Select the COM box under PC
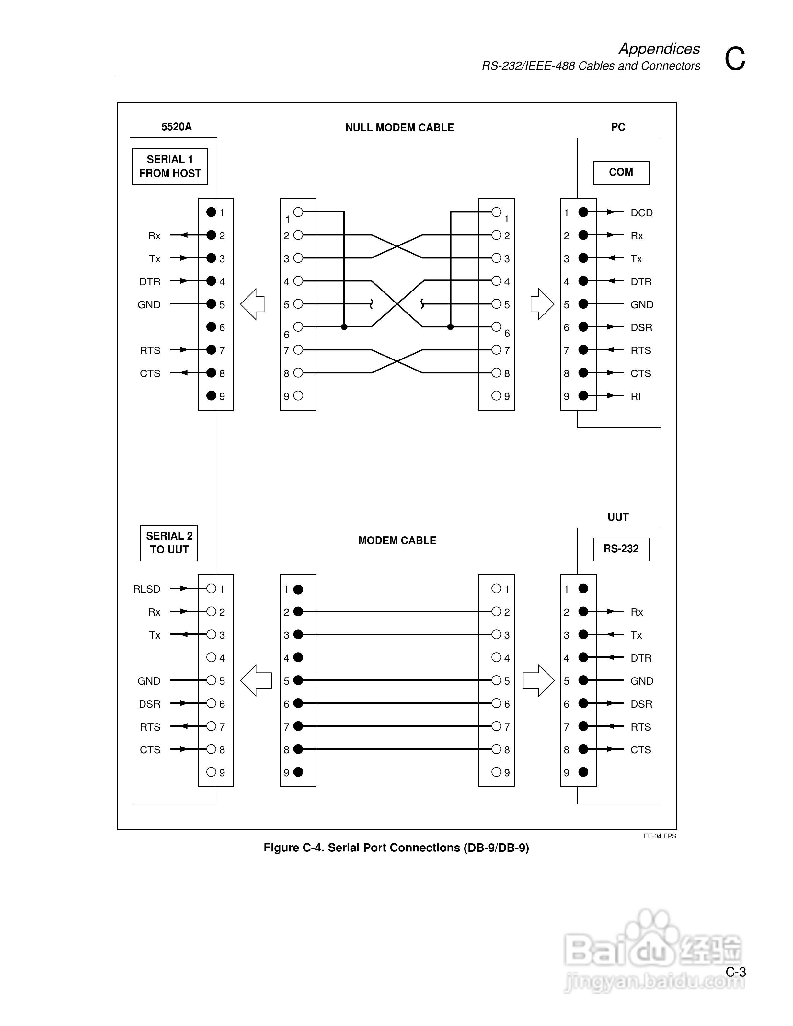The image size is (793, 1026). [x=621, y=172]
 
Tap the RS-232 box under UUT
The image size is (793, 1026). [x=621, y=549]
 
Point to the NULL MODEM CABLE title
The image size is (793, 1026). [x=399, y=128]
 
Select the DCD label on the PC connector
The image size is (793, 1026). [x=641, y=213]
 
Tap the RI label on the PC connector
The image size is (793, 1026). [x=636, y=396]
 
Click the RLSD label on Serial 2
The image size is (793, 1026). [x=146, y=589]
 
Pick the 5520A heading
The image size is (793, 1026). [x=176, y=127]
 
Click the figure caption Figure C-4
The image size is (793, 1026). [x=396, y=848]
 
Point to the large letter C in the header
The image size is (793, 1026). [x=735, y=59]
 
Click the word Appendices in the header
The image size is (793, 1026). [x=659, y=49]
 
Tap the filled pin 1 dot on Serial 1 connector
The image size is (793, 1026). [x=212, y=212]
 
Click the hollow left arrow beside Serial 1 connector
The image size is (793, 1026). [x=253, y=304]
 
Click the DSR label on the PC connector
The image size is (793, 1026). [x=641, y=327]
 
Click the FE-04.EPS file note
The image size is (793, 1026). [x=660, y=836]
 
